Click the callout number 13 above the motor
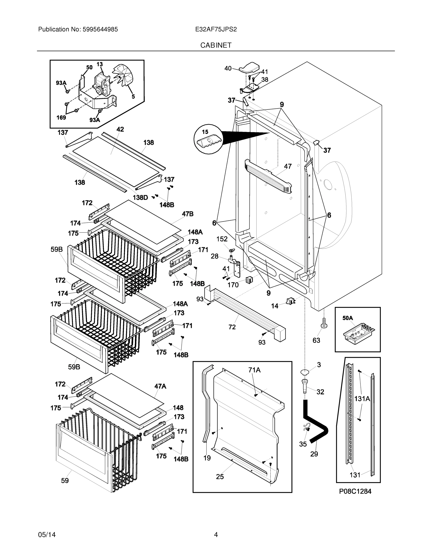pyautogui.click(x=99, y=64)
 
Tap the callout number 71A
pyautogui.click(x=254, y=370)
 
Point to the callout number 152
pyautogui.click(x=222, y=239)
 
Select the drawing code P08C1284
pyautogui.click(x=355, y=491)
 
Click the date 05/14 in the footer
pyautogui.click(x=47, y=535)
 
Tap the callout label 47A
pyautogui.click(x=160, y=386)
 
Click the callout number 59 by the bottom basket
pyautogui.click(x=65, y=481)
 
